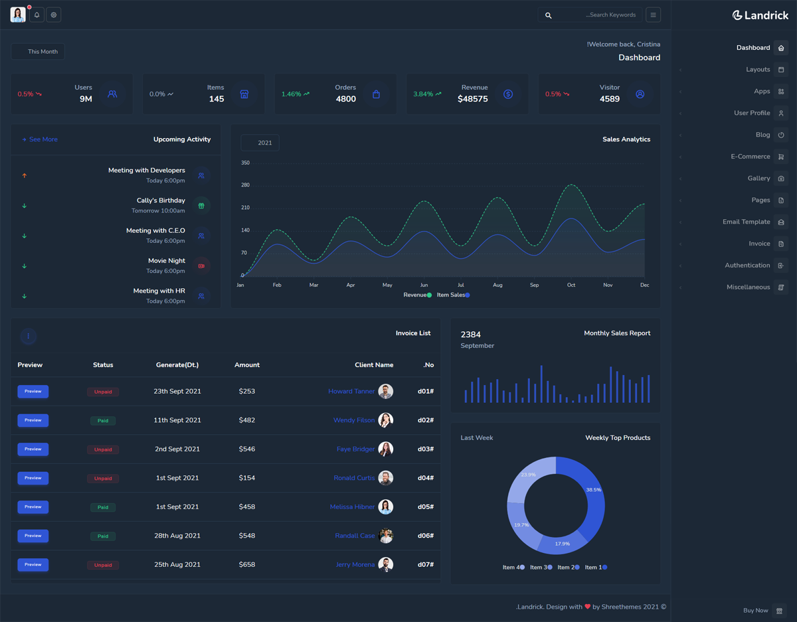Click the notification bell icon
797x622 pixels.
point(37,15)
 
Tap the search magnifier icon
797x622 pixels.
point(548,15)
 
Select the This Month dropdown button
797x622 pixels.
point(38,51)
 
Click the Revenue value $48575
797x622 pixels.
point(472,99)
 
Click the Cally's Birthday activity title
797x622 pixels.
point(161,200)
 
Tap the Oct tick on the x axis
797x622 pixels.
point(571,285)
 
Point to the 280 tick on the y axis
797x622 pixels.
point(245,185)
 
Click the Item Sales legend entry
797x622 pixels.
point(453,295)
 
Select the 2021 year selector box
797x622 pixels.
point(260,143)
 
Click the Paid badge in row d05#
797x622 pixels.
point(103,507)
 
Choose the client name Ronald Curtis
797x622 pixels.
point(354,478)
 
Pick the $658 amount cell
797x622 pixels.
point(246,565)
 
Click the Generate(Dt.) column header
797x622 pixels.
point(177,365)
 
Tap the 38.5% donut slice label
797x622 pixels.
point(593,490)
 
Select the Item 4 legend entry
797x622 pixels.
point(513,568)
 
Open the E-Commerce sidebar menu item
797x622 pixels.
point(751,157)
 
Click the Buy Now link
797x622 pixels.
point(756,611)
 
